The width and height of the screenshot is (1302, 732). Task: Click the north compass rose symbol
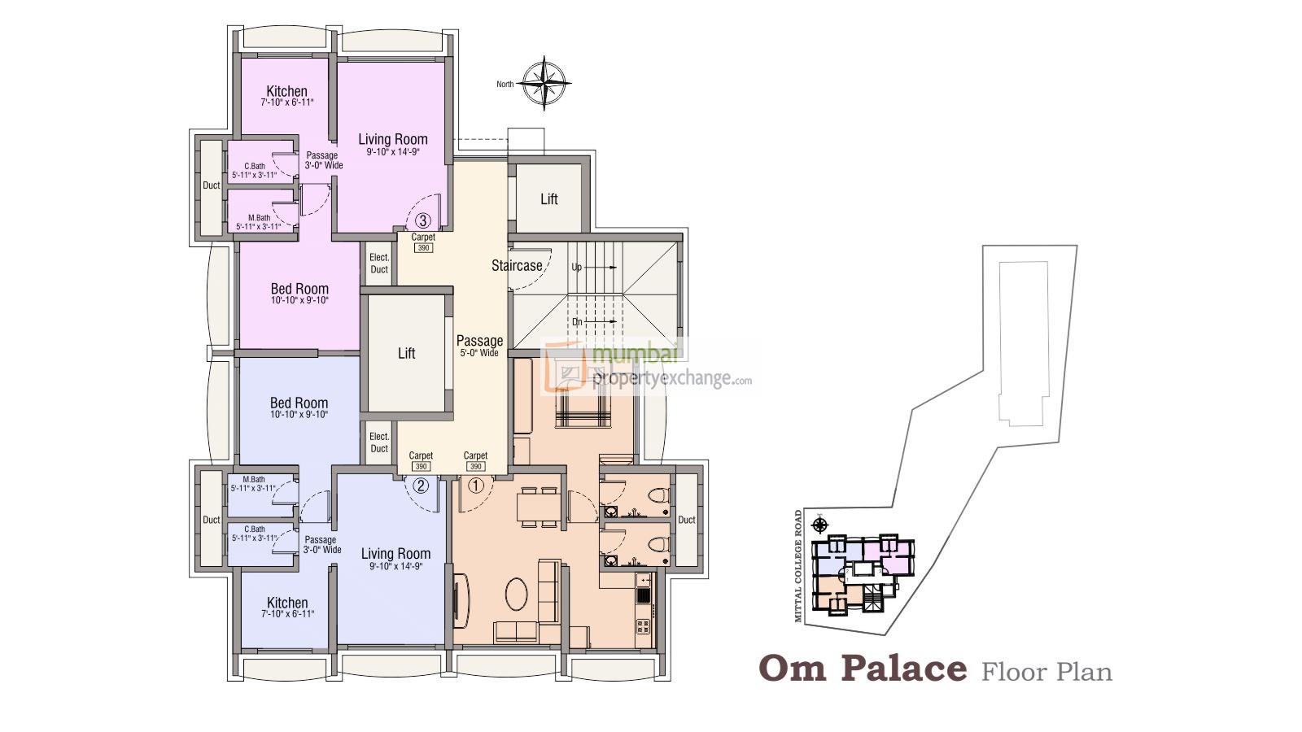pyautogui.click(x=544, y=83)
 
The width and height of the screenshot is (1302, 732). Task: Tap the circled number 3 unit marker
pyautogui.click(x=422, y=220)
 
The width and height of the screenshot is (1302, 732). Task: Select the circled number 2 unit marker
pyautogui.click(x=421, y=486)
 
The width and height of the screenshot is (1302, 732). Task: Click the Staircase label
pyautogui.click(x=517, y=265)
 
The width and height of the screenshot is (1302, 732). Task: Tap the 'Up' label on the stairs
pyautogui.click(x=577, y=267)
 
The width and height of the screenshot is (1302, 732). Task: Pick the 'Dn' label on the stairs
pyautogui.click(x=577, y=322)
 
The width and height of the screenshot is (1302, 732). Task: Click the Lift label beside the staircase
pyautogui.click(x=549, y=199)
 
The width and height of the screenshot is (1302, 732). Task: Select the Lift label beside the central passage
pyautogui.click(x=406, y=353)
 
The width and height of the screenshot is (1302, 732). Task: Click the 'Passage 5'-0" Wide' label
pyautogui.click(x=479, y=346)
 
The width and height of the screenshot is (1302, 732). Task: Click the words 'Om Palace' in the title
pyautogui.click(x=863, y=669)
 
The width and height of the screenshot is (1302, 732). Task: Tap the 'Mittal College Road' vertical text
pyautogui.click(x=798, y=566)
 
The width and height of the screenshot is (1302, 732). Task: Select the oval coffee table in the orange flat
pyautogui.click(x=518, y=594)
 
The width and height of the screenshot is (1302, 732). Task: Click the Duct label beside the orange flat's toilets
pyautogui.click(x=687, y=520)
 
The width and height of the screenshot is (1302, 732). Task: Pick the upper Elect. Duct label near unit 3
pyautogui.click(x=379, y=263)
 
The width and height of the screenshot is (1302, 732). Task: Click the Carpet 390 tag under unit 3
pyautogui.click(x=423, y=242)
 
